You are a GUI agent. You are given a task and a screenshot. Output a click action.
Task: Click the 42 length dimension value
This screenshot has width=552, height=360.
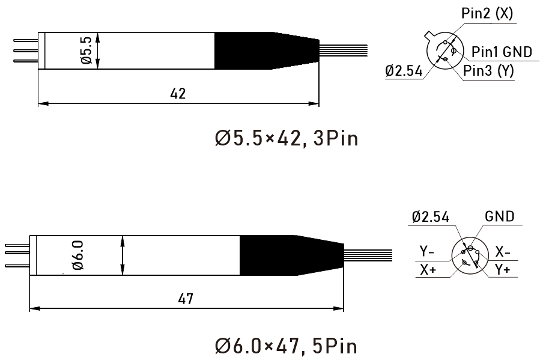[177, 94]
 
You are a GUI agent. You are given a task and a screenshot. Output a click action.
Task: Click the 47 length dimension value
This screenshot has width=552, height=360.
[186, 299]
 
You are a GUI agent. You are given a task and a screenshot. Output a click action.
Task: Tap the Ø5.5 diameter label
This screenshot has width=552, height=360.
[86, 50]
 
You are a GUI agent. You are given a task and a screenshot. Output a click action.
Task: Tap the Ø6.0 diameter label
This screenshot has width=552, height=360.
[78, 255]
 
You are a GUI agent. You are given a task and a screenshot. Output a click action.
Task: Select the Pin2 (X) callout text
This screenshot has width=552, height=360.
[487, 14]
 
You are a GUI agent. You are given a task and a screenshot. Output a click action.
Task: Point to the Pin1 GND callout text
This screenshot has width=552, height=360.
[502, 52]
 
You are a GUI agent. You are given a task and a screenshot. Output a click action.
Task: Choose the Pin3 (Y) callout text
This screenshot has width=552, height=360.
[488, 71]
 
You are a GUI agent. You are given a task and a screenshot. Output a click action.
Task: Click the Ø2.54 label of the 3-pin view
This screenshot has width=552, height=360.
[404, 71]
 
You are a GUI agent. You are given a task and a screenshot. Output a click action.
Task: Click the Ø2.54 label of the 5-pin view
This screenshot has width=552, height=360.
[430, 216]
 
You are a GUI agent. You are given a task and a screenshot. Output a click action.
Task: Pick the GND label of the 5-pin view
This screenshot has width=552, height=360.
[500, 216]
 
